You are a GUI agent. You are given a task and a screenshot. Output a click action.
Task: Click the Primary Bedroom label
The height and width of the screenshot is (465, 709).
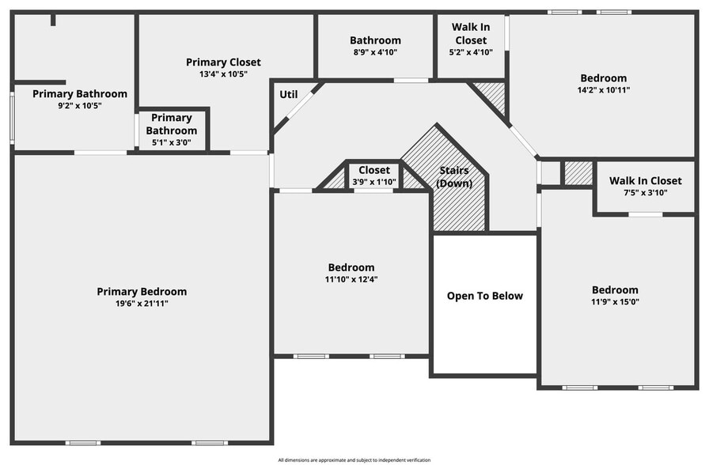pos(142,292)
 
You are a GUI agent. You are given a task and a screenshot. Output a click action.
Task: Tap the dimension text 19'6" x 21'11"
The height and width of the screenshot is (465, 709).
pos(142,303)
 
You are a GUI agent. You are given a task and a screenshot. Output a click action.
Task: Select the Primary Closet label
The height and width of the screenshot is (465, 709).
pos(223,62)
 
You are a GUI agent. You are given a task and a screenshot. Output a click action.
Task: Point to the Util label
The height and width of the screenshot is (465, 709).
pos(288,95)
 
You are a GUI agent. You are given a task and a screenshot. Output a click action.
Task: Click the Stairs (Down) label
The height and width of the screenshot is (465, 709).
pos(454,177)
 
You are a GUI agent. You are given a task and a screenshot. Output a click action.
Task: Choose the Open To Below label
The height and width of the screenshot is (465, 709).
pos(485,296)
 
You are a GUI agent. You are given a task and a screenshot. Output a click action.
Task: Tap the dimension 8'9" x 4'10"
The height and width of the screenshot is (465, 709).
pos(375,52)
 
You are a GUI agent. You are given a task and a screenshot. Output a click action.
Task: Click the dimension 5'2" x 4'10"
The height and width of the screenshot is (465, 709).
pos(470,52)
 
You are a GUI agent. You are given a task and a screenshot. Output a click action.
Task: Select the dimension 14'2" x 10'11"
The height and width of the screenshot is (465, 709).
pos(603,90)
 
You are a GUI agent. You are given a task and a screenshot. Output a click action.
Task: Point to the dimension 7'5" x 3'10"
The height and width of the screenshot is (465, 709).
pos(645,193)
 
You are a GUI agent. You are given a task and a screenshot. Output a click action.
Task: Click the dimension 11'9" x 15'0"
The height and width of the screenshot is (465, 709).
pos(615,302)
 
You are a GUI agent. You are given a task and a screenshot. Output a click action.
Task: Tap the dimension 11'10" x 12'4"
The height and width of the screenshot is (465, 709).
pos(351,279)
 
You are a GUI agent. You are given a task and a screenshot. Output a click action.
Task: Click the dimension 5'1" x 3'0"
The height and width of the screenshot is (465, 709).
pos(172,143)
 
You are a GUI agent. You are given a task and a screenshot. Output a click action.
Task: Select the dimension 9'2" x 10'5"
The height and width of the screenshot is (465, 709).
pos(79,105)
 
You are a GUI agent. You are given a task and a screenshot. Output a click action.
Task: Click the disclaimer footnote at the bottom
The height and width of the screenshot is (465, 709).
pos(354,459)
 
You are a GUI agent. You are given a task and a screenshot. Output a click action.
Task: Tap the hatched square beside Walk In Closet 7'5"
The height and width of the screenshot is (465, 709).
pos(578,172)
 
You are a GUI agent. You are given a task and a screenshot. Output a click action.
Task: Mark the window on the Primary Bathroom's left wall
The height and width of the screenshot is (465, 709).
pos(12,118)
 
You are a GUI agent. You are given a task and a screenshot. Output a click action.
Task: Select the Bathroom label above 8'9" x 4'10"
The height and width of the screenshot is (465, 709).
pos(375,40)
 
